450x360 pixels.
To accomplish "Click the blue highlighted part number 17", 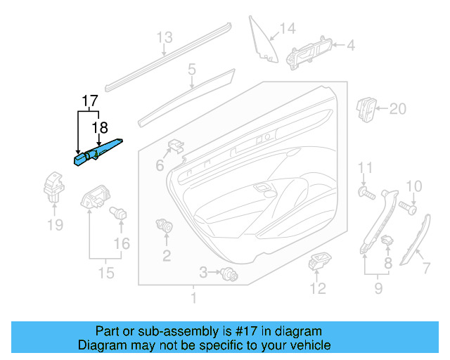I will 100,151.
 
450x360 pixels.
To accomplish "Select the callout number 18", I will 101,127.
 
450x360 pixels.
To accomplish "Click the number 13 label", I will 164,38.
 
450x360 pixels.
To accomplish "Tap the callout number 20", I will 398,109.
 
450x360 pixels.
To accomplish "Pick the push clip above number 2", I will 166,227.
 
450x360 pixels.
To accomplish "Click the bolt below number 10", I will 407,207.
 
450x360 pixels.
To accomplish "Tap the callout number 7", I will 425,268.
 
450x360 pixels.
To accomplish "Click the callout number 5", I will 191,69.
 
